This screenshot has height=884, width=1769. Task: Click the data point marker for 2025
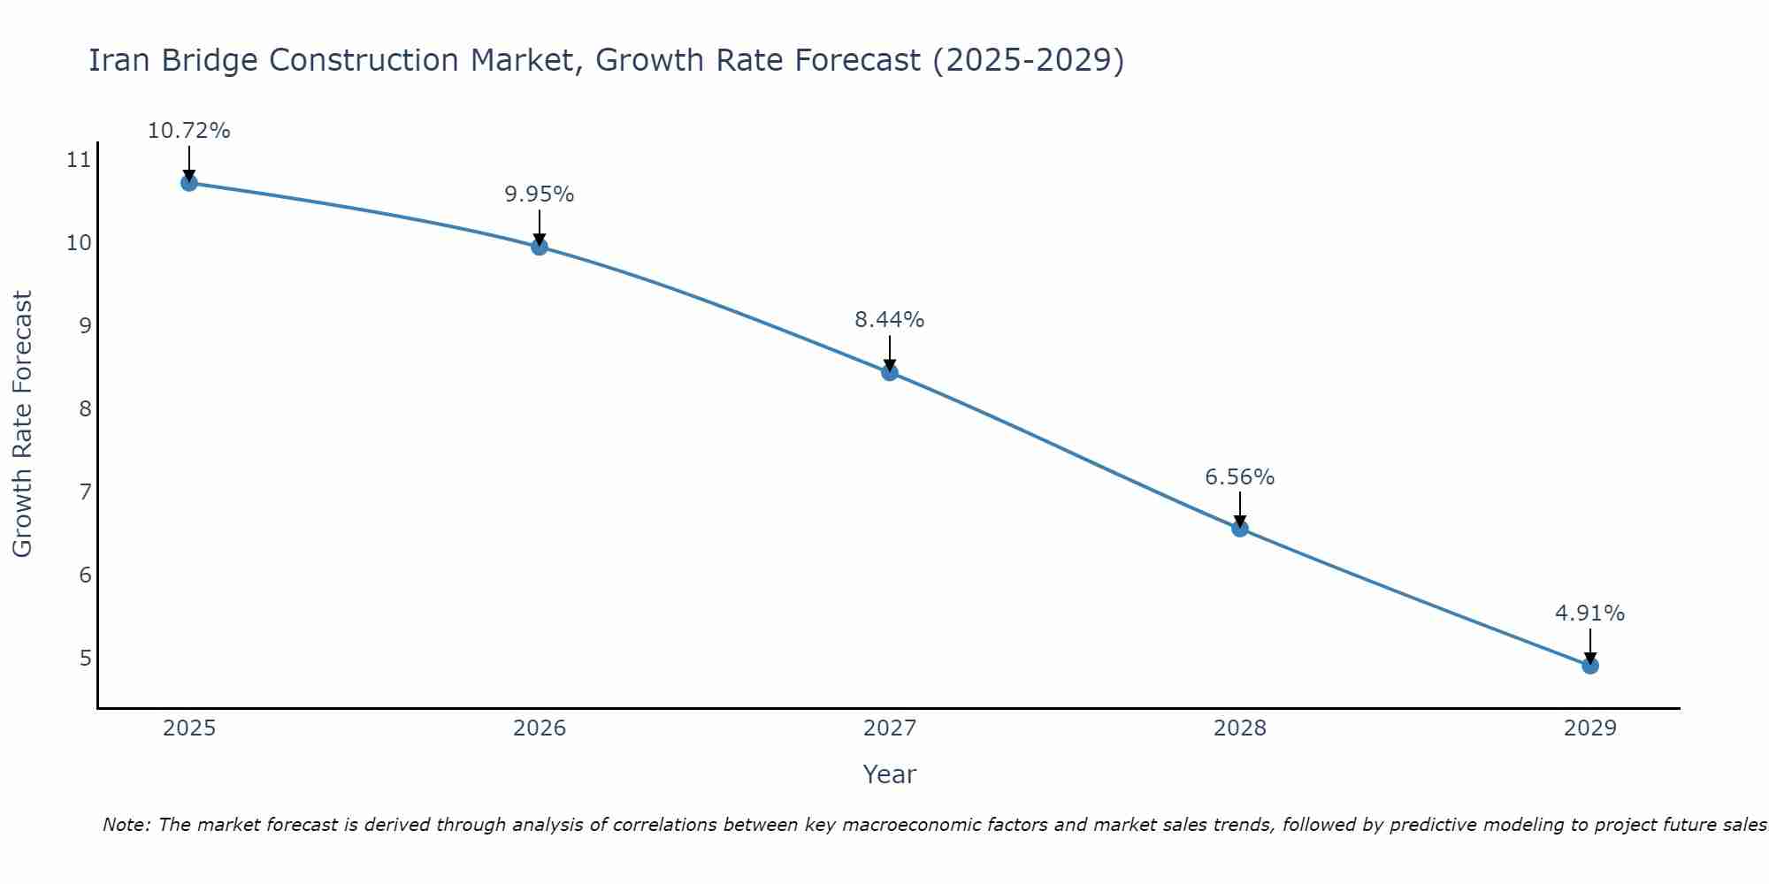188,183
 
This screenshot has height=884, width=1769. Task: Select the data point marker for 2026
540,247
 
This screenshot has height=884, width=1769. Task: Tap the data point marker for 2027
890,372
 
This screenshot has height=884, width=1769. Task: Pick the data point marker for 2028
1240,529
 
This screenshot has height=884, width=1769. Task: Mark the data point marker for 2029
1590,666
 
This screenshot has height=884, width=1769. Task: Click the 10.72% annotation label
188,131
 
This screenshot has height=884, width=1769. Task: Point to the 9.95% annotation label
540,194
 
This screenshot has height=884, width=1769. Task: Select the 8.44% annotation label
890,320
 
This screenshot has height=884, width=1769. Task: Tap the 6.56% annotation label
1240,477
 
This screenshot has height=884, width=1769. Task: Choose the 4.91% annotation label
1590,613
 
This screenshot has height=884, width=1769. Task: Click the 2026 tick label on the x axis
540,728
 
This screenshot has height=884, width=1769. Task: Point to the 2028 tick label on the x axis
1240,728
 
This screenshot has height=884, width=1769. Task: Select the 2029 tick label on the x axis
1590,728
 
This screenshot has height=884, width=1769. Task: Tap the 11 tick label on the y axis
79,160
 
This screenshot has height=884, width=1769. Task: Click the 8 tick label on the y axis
85,408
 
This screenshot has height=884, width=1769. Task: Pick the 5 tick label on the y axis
85,658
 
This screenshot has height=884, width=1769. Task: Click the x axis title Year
890,774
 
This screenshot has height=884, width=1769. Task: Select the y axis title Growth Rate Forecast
23,424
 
